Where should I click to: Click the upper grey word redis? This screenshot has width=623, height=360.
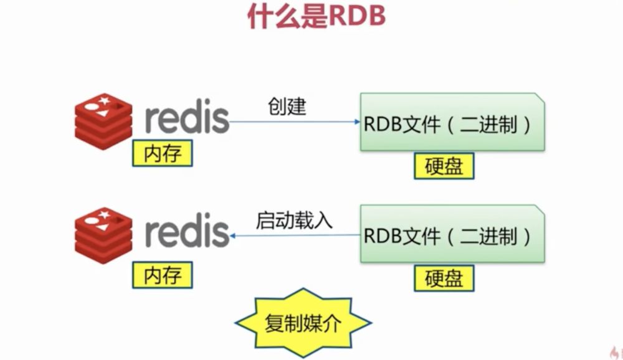pyautogui.click(x=187, y=118)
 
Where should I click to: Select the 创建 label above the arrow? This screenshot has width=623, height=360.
pyautogui.click(x=287, y=106)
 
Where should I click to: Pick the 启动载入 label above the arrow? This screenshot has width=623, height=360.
pyautogui.click(x=294, y=220)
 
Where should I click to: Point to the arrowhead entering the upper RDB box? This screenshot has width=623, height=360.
pyautogui.click(x=356, y=122)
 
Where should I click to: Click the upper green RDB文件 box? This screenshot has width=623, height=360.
pyautogui.click(x=452, y=123)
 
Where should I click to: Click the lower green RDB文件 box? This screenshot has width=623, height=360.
pyautogui.click(x=452, y=235)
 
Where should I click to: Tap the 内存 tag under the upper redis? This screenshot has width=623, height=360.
pyautogui.click(x=162, y=153)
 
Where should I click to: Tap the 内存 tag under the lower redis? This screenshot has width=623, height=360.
pyautogui.click(x=162, y=274)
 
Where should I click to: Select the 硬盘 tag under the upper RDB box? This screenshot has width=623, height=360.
pyautogui.click(x=444, y=166)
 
